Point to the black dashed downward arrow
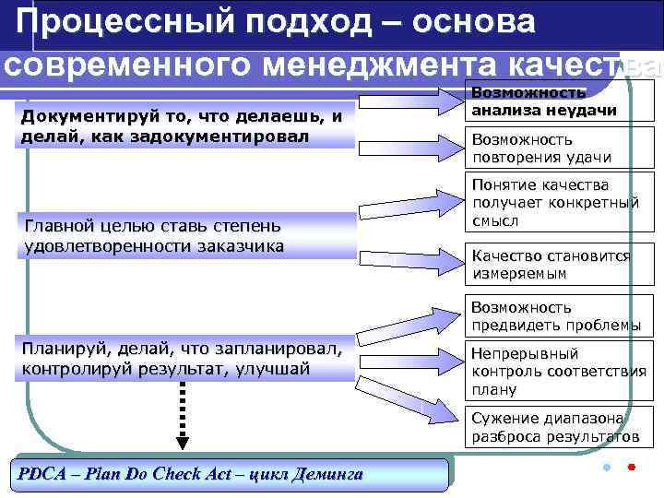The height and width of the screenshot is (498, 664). (x=182, y=415)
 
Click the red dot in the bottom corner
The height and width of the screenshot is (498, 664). (x=631, y=468)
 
